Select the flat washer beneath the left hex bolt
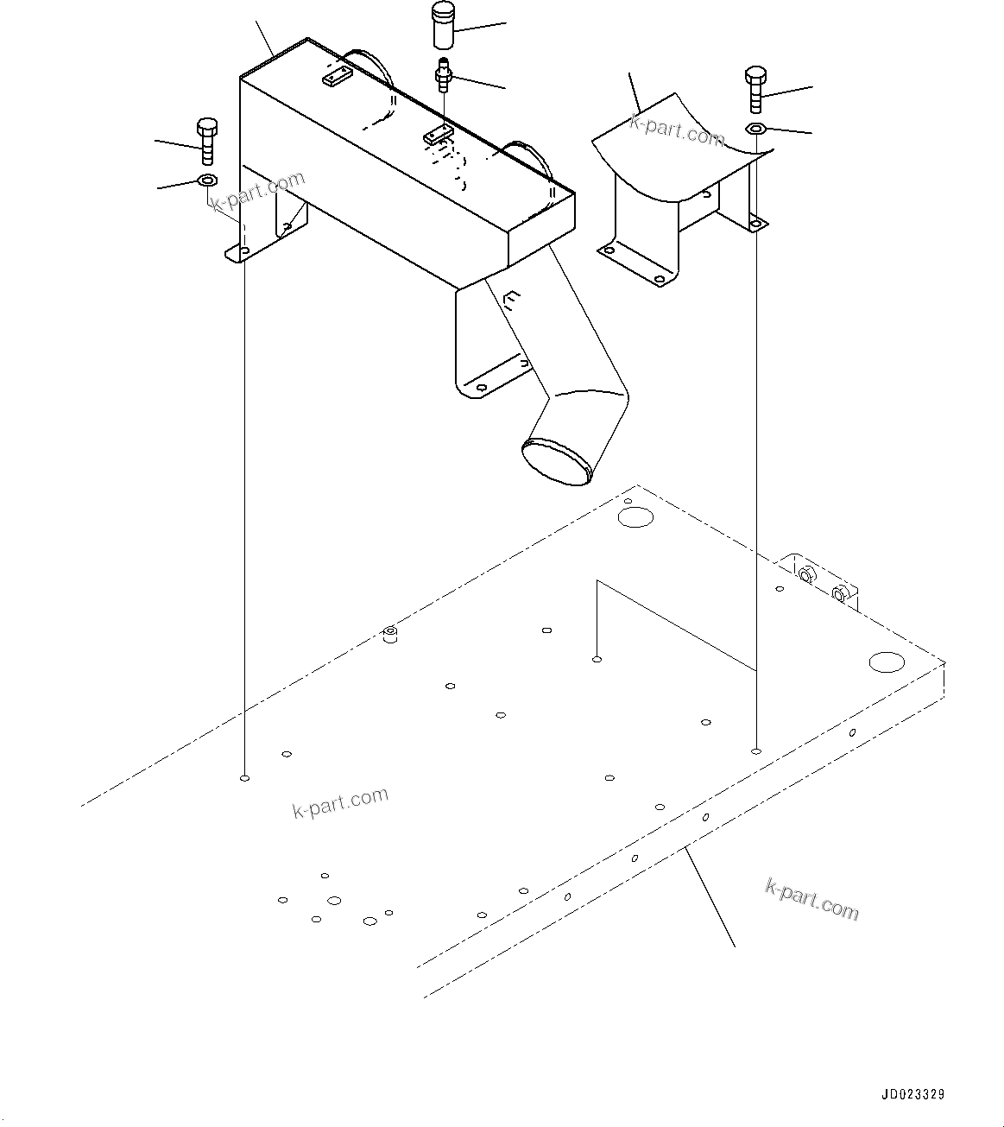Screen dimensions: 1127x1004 (207, 180)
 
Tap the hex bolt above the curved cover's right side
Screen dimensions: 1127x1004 (754, 89)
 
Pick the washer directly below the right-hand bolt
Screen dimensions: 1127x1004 (755, 129)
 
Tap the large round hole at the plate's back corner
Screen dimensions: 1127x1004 (636, 517)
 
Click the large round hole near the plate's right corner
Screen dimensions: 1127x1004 (886, 662)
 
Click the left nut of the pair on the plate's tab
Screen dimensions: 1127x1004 (806, 574)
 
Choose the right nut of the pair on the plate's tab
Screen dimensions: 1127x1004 (839, 593)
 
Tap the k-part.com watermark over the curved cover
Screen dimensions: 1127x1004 (677, 130)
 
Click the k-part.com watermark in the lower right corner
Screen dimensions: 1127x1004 (811, 899)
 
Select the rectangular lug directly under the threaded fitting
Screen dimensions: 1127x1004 (438, 136)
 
